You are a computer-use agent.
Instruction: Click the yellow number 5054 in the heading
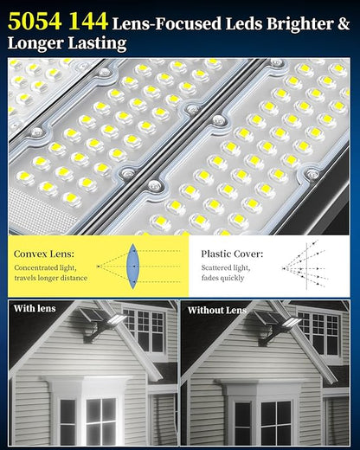(35, 21)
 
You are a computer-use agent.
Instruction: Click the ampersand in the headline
(344, 23)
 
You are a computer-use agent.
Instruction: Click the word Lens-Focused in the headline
(167, 23)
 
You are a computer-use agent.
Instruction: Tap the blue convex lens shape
(132, 267)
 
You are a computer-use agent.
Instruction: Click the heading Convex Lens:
(44, 254)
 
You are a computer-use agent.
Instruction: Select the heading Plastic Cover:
(232, 254)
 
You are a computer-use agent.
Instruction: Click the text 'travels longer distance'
(51, 278)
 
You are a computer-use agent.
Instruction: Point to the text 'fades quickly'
(222, 278)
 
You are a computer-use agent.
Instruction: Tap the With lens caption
(35, 308)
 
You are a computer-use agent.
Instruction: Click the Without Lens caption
(217, 311)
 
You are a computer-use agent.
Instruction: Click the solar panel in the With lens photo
(92, 315)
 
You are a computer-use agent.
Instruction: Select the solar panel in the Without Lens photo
(267, 317)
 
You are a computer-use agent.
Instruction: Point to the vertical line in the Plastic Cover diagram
(306, 267)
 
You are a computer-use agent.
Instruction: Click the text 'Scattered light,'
(226, 267)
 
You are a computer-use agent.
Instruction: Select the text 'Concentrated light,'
(45, 267)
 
